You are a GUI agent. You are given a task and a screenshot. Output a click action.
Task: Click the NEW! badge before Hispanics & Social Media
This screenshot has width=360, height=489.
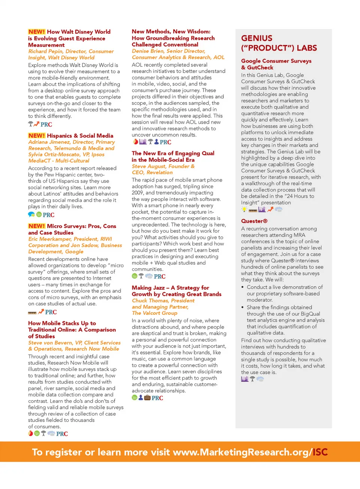[37, 136]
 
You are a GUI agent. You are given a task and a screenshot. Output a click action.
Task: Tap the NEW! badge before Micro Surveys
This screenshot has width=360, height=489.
[37, 226]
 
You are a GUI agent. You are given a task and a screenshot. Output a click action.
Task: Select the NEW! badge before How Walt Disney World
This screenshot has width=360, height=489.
[37, 32]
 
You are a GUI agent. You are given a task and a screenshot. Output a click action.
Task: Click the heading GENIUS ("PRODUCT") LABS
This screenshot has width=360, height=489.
[279, 43]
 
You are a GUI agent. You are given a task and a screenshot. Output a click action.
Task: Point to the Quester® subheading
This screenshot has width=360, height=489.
[254, 221]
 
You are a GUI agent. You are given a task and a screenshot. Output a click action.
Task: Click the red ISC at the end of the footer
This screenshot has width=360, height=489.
[320, 452]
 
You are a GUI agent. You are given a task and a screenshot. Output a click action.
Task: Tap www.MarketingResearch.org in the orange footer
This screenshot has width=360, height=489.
[240, 452]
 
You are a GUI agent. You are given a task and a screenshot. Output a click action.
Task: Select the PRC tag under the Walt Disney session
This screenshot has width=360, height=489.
[46, 125]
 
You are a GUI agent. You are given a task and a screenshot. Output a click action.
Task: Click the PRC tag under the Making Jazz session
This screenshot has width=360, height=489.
[157, 398]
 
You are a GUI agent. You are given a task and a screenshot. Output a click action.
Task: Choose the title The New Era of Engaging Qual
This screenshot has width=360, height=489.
[173, 153]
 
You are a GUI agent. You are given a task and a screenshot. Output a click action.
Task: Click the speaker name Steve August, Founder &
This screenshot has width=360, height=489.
[163, 166]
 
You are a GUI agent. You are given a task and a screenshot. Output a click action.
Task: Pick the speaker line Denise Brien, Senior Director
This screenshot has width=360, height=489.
[168, 51]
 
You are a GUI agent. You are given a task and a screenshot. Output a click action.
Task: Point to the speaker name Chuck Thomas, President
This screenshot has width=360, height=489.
[163, 301]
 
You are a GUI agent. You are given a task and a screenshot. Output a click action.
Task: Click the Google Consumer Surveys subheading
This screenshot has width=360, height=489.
[276, 61]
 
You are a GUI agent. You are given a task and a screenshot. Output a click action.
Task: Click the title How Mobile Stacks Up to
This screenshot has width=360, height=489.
[62, 323]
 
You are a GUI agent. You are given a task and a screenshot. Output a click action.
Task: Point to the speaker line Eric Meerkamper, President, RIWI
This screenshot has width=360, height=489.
[70, 239]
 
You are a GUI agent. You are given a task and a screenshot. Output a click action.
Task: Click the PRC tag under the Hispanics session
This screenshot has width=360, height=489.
[48, 215]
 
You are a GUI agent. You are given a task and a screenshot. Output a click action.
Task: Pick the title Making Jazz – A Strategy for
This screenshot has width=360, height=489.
[170, 288]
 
